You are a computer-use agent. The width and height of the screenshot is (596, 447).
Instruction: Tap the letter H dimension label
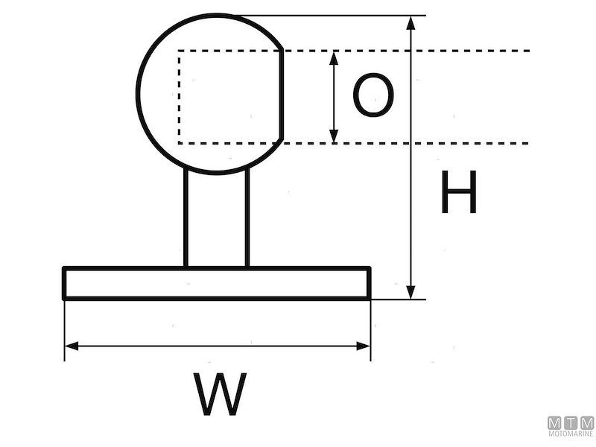click(x=458, y=192)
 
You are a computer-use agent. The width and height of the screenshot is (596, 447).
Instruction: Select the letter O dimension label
click(x=372, y=97)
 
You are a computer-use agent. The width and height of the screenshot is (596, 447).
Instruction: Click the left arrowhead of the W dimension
click(x=72, y=346)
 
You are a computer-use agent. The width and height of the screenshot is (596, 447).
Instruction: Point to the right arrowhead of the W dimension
click(x=364, y=346)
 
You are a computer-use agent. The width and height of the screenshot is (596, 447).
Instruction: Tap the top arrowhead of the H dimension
click(x=410, y=22)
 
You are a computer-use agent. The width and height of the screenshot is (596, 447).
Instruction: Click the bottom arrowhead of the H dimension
click(x=410, y=292)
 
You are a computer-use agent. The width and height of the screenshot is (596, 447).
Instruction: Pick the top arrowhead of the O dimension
click(x=334, y=57)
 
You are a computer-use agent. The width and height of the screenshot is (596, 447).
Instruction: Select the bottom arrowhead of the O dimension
click(x=334, y=136)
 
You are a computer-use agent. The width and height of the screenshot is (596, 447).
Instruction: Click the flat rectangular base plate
click(x=216, y=283)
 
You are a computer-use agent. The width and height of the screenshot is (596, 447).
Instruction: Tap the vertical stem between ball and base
click(x=216, y=220)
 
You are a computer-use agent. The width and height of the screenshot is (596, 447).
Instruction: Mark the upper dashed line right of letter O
click(x=477, y=51)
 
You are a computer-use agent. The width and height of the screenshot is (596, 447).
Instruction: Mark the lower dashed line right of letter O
click(x=477, y=142)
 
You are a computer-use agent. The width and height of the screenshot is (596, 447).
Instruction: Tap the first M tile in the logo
click(x=555, y=422)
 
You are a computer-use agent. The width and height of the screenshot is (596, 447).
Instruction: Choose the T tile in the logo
click(x=571, y=422)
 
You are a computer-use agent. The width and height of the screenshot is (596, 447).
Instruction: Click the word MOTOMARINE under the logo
click(x=571, y=434)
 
